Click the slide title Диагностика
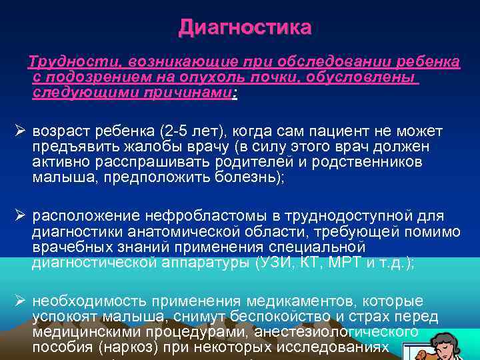245,28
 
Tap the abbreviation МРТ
359,263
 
